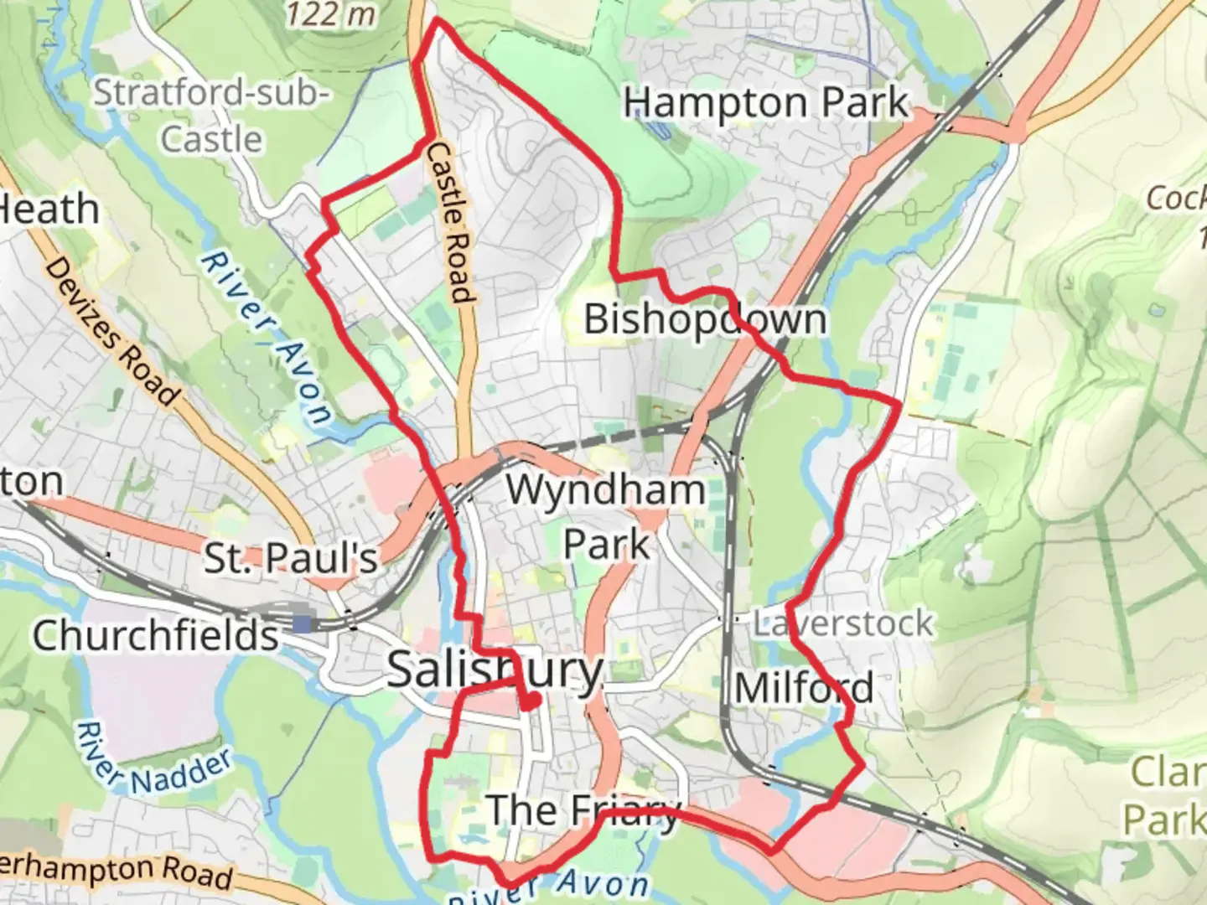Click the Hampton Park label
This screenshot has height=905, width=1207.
pos(765,103)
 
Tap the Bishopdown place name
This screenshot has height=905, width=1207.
pos(705,319)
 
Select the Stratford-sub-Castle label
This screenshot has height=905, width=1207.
pos(211,115)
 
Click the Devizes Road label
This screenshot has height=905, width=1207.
pos(111,332)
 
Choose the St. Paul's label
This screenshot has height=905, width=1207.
pos(291,558)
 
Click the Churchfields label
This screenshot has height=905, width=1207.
pos(155,635)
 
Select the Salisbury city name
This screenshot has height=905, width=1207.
pos(495,670)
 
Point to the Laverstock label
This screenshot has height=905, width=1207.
pos(842,623)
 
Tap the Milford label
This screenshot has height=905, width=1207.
pos(804,689)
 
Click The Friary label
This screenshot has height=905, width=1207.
pos(583,810)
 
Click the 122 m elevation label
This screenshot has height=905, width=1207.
pos(330,13)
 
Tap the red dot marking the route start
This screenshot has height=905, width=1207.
pos(529,705)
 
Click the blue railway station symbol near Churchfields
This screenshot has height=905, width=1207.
pos(301,623)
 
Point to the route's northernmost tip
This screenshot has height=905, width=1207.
pos(437,21)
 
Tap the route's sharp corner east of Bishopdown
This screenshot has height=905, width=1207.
pos(899,405)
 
